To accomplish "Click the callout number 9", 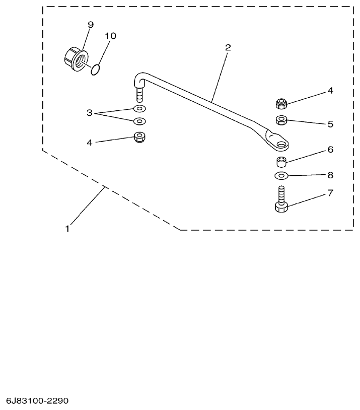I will click(91, 25).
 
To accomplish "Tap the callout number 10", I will click(110, 36).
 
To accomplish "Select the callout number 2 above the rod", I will click(228, 47).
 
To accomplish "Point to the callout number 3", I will click(90, 113).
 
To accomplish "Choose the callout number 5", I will click(330, 123).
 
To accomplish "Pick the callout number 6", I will click(330, 150).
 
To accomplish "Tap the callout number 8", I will click(330, 175).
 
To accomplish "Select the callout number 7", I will click(330, 193).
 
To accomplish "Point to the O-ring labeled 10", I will click(97, 69).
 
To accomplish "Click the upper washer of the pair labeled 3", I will click(139, 109).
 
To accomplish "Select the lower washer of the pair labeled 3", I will click(139, 121).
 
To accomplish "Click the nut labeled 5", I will click(282, 120).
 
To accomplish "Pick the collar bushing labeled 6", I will click(282, 162).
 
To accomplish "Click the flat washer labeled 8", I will click(282, 176).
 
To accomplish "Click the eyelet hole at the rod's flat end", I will click(280, 145).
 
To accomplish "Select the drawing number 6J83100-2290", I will click(37, 401).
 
